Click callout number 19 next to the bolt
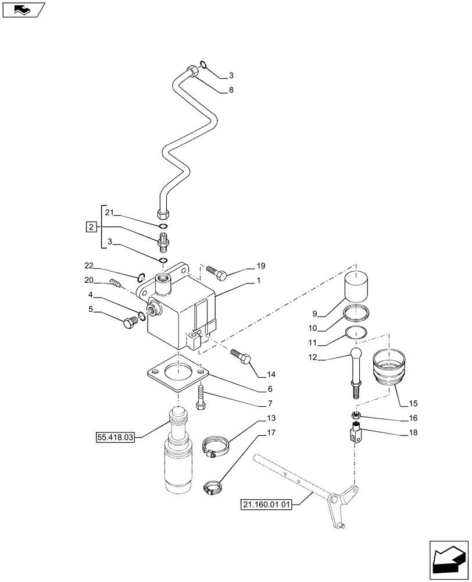coord(259,267)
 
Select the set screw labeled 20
coord(115,284)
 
